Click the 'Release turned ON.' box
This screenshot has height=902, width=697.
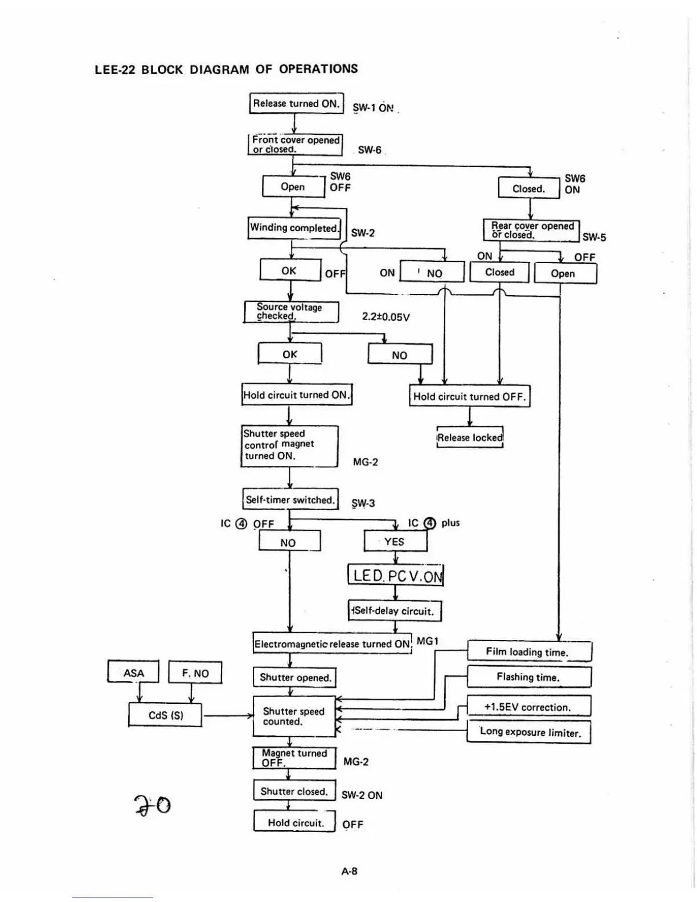click(x=296, y=104)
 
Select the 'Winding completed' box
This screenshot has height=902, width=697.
click(x=294, y=228)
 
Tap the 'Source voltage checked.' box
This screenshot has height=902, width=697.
click(x=291, y=311)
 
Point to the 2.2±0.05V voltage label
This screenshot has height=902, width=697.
click(x=386, y=317)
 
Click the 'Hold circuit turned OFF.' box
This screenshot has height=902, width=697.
click(x=469, y=396)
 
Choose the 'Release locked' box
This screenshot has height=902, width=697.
click(x=470, y=437)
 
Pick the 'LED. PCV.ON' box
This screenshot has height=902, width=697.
click(x=396, y=575)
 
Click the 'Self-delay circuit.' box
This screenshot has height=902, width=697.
click(x=395, y=611)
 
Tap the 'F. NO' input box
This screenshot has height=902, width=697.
click(x=195, y=673)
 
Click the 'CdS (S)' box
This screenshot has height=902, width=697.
click(x=165, y=715)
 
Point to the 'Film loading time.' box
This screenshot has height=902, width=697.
click(x=529, y=652)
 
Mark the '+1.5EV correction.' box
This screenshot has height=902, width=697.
click(x=528, y=707)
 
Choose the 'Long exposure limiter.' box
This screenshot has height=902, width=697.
click(x=529, y=732)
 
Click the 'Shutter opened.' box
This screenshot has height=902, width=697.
click(x=294, y=677)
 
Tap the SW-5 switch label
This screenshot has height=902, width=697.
click(x=594, y=237)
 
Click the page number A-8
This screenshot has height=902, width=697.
click(x=350, y=871)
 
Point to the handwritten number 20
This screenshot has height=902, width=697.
click(x=152, y=805)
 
